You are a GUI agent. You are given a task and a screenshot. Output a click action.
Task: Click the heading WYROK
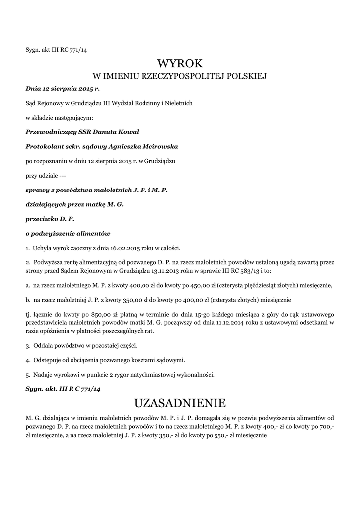180,63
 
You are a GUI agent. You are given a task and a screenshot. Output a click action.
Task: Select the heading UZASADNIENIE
180,401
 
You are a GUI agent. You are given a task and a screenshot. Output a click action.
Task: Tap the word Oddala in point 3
43,345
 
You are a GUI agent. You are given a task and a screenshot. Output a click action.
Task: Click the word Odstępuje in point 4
47,360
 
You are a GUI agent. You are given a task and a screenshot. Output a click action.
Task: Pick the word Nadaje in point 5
43,374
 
